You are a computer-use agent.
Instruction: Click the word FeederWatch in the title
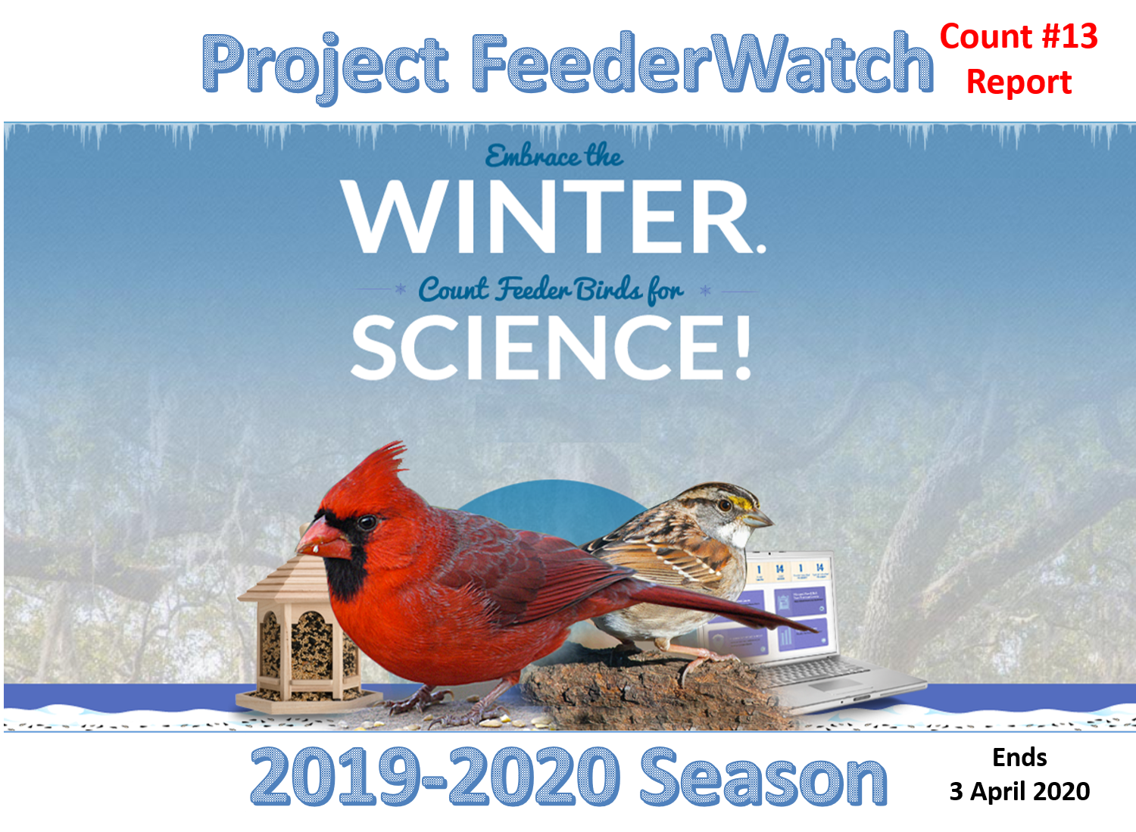point(702,64)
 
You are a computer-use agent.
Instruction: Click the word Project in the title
point(326,67)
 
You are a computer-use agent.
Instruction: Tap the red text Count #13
point(1019,36)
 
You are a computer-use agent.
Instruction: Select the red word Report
point(1019,82)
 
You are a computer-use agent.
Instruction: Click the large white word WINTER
point(553,217)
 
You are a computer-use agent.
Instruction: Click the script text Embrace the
point(554,155)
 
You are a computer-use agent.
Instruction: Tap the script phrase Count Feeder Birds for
point(551,290)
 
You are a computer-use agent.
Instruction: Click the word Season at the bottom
point(763,777)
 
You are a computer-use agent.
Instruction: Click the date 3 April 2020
point(1019,791)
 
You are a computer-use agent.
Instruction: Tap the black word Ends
point(1019,758)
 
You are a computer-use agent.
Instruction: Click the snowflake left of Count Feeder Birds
point(400,289)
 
